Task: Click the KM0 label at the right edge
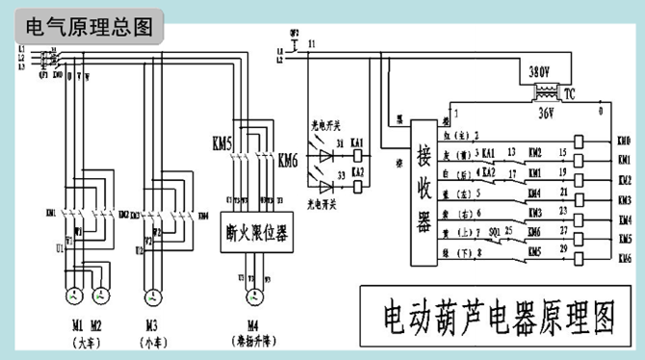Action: [x=624, y=140]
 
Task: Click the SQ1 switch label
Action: [x=493, y=233]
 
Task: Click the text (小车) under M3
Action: [x=152, y=342]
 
